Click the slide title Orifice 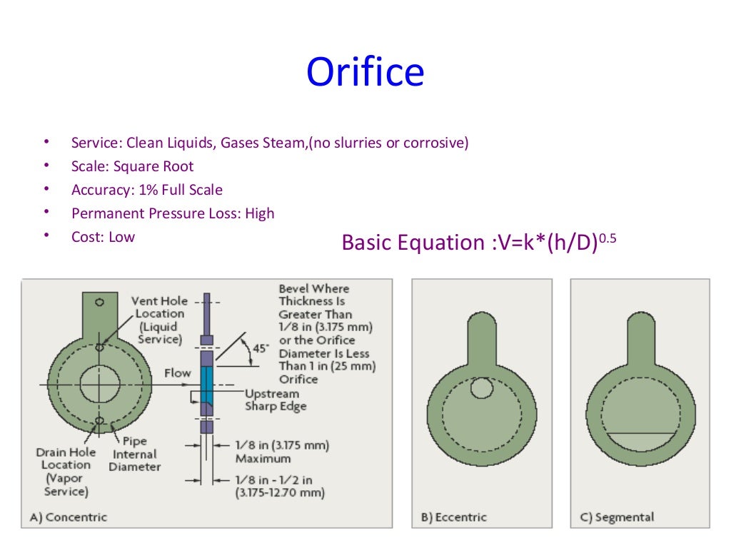[365, 72]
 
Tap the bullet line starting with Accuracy [147, 190]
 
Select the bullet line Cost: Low [103, 237]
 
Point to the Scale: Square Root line [132, 166]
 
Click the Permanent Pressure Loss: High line [173, 213]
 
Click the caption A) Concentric [69, 517]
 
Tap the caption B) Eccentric [454, 517]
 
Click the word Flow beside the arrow [178, 373]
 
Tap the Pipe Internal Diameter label [135, 454]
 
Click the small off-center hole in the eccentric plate [482, 388]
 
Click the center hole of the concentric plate [99, 386]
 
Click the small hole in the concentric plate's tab [99, 302]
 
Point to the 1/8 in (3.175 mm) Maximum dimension [282, 452]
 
